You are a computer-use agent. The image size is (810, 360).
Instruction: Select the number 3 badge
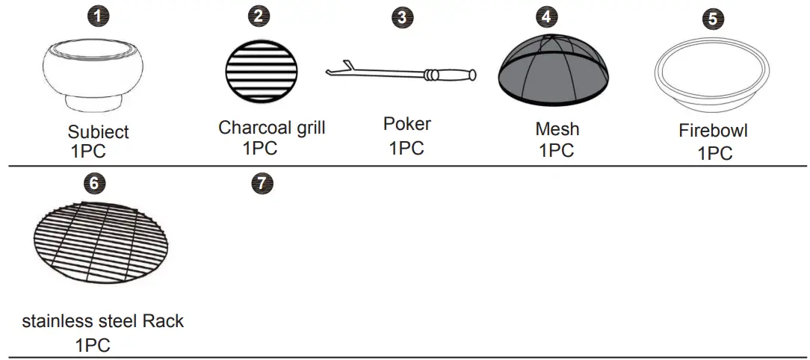pos(403,18)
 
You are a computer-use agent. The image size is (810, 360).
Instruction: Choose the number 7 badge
pos(262,183)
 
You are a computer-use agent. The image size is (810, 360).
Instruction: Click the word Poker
pos(406,123)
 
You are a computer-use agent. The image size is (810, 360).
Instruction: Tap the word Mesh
pos(557,128)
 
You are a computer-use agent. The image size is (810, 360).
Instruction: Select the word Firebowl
pos(713,131)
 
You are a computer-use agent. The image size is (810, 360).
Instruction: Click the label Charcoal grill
pos(271,127)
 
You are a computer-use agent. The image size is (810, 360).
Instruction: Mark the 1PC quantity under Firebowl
pos(714,153)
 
